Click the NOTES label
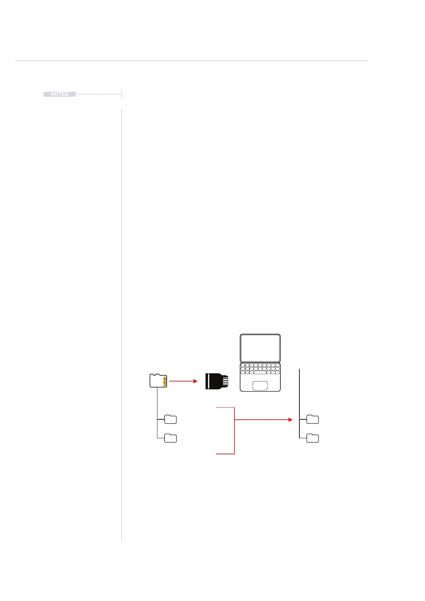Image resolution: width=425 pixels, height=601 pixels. tap(60, 94)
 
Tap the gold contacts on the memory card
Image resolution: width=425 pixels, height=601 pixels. tap(165, 382)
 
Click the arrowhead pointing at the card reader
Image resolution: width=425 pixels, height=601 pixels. tap(195, 381)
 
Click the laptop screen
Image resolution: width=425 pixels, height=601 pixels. tap(260, 348)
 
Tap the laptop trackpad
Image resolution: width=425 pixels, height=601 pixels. tap(260, 385)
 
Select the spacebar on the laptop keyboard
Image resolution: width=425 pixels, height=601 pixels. tap(260, 373)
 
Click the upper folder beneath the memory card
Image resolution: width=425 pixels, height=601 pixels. tap(171, 419)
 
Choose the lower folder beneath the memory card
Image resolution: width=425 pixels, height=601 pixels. tap(171, 438)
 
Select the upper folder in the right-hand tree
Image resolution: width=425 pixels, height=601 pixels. tap(313, 419)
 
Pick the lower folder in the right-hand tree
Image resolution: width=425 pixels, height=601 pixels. tap(313, 438)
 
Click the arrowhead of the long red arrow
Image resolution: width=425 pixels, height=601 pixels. tap(290, 420)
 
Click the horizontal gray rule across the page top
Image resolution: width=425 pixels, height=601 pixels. tap(191, 61)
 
